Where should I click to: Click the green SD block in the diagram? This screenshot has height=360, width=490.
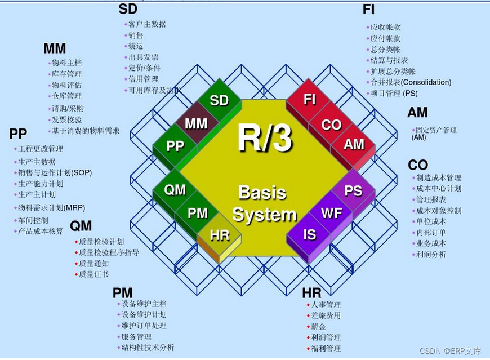tap(219, 100)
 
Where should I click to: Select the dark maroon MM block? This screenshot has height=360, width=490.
tap(196, 123)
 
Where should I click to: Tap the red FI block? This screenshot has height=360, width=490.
tap(310, 100)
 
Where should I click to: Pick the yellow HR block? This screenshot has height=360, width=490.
tap(220, 235)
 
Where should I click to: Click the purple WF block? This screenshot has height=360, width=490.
tap(332, 213)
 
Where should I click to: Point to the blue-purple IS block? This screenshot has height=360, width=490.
tap(310, 235)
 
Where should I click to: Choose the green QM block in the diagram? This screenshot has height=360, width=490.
tap(175, 190)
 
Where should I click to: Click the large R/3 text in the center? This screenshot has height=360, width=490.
tap(264, 138)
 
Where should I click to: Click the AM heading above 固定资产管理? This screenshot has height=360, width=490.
tap(417, 113)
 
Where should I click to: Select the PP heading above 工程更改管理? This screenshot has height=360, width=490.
tap(18, 134)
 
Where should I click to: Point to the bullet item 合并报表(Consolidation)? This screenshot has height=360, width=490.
tap(411, 82)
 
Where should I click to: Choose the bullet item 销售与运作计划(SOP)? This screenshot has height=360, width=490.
tap(55, 173)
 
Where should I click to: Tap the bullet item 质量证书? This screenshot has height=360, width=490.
tap(94, 274)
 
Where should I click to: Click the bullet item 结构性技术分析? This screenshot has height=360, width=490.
tap(148, 348)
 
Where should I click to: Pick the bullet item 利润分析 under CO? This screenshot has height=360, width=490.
tap(431, 254)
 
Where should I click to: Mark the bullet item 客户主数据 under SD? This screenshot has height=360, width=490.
tap(147, 24)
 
